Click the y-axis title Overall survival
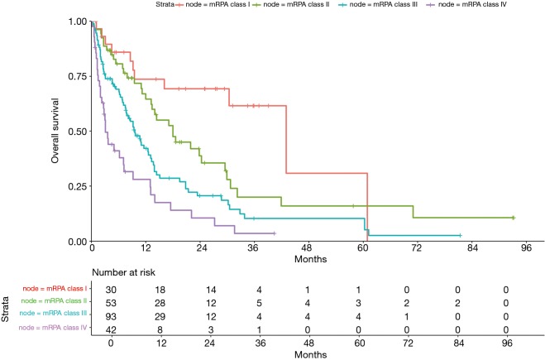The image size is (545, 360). point(55,131)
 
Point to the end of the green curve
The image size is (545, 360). point(513,218)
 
